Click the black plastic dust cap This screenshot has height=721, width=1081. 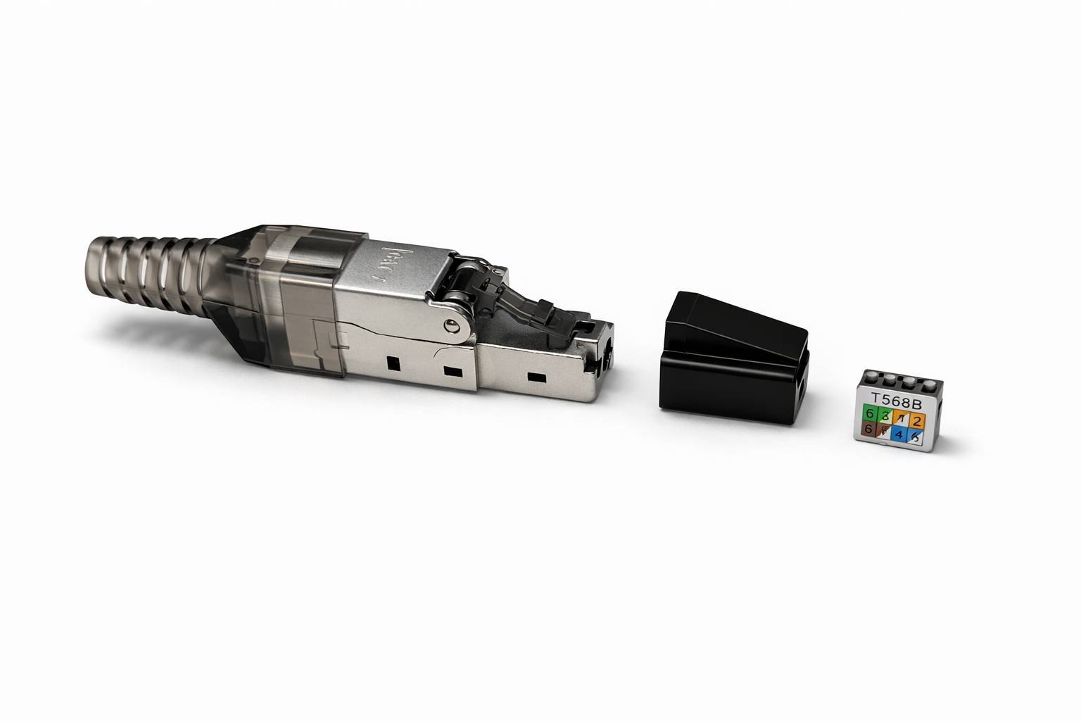click(732, 359)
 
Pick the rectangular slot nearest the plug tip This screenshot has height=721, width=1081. click(537, 378)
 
